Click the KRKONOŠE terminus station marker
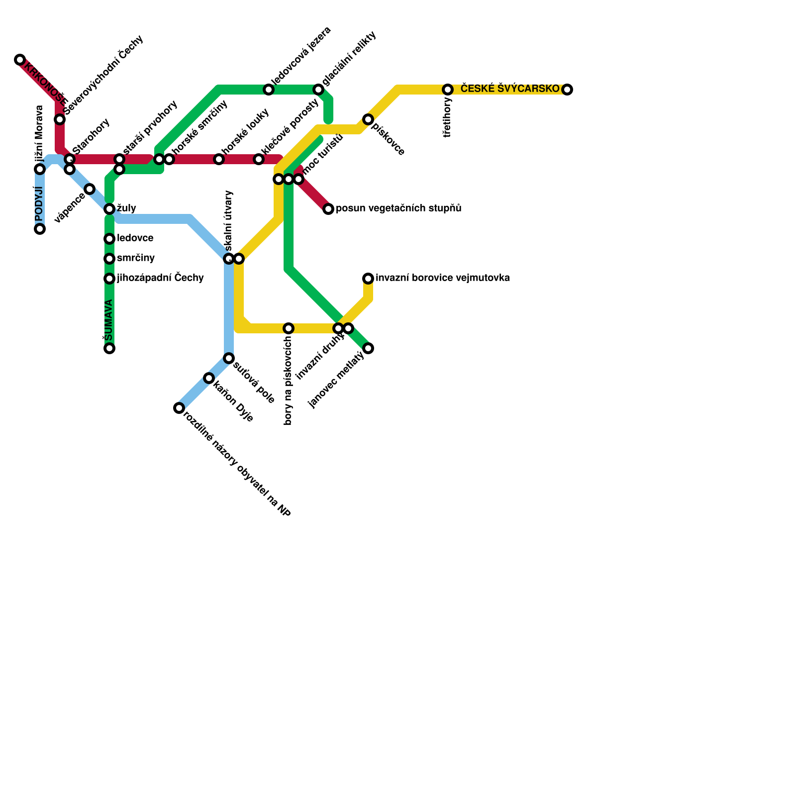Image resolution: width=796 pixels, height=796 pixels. (x=20, y=60)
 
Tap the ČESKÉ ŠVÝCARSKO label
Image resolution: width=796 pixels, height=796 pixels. (x=510, y=89)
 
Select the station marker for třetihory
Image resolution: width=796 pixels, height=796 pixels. (x=448, y=90)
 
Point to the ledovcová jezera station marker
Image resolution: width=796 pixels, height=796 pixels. (x=269, y=90)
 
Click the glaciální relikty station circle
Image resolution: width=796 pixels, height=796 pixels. (x=318, y=90)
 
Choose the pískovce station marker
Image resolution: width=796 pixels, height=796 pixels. (x=368, y=119)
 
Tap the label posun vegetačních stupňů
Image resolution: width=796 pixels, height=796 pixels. (x=398, y=208)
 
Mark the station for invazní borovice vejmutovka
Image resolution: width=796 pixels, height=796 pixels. (x=368, y=279)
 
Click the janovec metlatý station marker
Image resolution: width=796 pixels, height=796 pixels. (x=368, y=348)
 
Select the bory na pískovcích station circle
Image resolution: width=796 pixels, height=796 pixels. (x=289, y=328)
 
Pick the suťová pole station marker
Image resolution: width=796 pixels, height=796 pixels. (x=229, y=358)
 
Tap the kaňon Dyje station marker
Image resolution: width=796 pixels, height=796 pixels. (x=209, y=378)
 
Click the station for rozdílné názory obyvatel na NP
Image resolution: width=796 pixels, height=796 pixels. (x=179, y=408)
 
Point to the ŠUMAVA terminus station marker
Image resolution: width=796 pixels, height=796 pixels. (x=109, y=348)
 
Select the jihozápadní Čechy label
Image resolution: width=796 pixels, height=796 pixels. (x=160, y=278)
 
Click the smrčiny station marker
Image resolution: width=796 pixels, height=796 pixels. (x=109, y=259)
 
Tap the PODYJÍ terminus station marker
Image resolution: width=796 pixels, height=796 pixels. (x=40, y=229)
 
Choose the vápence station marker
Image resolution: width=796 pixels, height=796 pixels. (x=90, y=189)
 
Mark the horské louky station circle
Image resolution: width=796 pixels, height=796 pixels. (x=219, y=159)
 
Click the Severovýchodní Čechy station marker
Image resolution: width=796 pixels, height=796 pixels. (x=60, y=119)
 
